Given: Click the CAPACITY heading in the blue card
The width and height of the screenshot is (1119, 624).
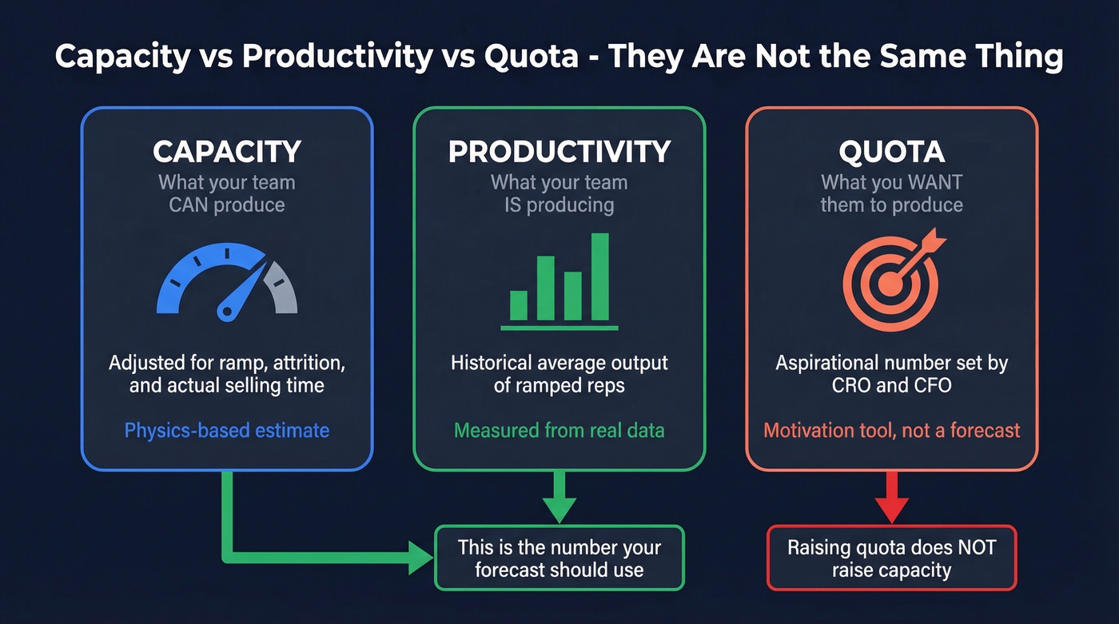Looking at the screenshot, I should click(227, 152).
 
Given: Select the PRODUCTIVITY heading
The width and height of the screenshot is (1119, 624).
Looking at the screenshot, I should click(559, 152).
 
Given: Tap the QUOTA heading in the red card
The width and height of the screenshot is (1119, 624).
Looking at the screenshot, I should click(891, 152).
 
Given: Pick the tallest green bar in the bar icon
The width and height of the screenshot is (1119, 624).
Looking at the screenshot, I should click(599, 276).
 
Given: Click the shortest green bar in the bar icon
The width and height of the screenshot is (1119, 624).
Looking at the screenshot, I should click(519, 305).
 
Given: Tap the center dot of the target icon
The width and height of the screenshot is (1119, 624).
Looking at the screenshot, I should click(890, 282).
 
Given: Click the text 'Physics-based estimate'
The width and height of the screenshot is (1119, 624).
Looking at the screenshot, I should click(227, 431).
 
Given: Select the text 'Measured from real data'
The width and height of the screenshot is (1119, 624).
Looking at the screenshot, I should click(559, 431).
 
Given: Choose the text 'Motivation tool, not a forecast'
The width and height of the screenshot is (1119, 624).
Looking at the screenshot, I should click(891, 431).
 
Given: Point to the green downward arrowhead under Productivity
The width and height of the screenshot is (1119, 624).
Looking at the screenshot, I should click(559, 508).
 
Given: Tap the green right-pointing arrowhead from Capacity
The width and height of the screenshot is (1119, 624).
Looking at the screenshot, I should click(420, 557).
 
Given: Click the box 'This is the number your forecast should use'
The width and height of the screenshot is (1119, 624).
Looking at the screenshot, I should click(559, 558).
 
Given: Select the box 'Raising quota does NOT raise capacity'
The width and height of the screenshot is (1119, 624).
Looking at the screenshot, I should click(891, 558).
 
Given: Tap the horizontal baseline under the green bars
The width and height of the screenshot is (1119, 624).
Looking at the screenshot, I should click(559, 327).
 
